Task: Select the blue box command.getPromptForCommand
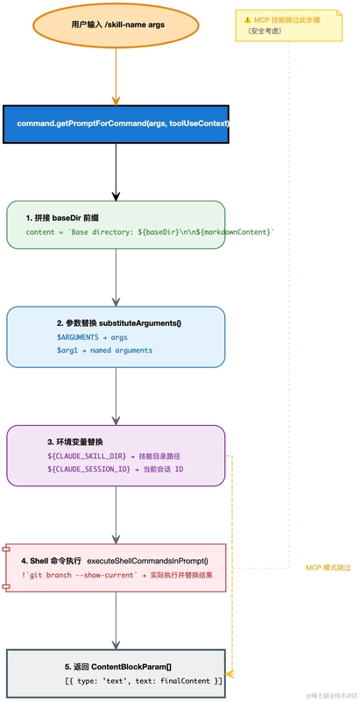coord(116,124)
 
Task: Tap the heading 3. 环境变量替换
coord(75,442)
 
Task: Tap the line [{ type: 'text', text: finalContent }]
coord(144,680)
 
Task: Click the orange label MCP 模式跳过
coord(328,568)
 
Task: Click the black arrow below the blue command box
coord(116,170)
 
